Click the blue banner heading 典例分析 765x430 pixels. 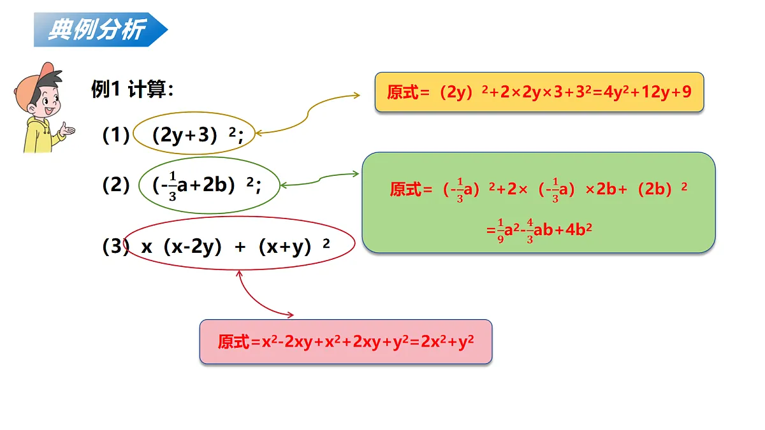pos(101,30)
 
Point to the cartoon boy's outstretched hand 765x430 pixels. pos(67,130)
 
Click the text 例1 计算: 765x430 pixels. pos(133,89)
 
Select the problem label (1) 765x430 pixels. pos(116,134)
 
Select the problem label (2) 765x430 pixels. pos(116,185)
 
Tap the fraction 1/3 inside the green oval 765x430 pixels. pos(173,186)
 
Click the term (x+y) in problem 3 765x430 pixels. pos(285,247)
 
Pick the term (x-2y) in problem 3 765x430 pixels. pos(193,247)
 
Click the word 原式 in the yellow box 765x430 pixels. pos(403,92)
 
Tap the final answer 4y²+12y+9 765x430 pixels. pos(648,92)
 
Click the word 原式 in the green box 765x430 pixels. pos(405,189)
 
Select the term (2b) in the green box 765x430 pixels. pos(655,189)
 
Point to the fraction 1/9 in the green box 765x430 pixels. pos(500,231)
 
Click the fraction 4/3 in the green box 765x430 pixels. pos(530,231)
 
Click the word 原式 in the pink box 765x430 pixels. pos(233,341)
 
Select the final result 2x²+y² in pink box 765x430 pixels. pos(448,341)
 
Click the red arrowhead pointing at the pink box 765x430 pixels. pos(291,315)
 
